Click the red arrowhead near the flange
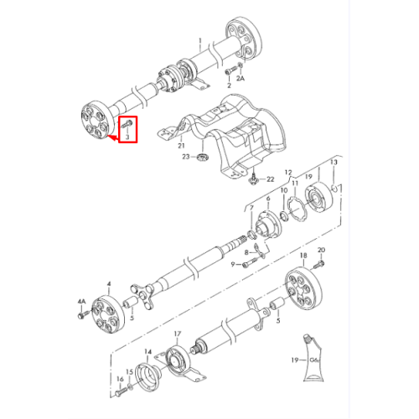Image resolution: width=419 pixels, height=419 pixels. pyautogui.click(x=112, y=137)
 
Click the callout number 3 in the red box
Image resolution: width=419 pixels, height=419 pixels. pyautogui.click(x=127, y=137)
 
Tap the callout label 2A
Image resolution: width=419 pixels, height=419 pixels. pyautogui.click(x=241, y=79)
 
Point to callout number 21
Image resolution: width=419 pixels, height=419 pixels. pyautogui.click(x=181, y=146)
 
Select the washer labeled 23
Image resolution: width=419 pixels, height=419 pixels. pyautogui.click(x=203, y=157)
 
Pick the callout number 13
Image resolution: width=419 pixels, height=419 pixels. pyautogui.click(x=334, y=162)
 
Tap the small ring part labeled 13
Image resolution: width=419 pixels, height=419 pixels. pyautogui.click(x=334, y=189)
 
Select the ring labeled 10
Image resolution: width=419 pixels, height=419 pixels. pyautogui.click(x=283, y=215)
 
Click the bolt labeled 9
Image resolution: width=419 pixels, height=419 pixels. pyautogui.click(x=251, y=262)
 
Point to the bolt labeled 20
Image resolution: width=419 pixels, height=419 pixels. pyautogui.click(x=318, y=264)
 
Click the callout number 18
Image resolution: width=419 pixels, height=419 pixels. pyautogui.click(x=303, y=256)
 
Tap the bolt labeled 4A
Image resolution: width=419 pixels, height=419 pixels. pyautogui.click(x=84, y=314)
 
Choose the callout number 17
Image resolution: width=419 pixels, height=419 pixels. pyautogui.click(x=178, y=334)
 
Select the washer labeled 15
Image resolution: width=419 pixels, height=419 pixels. pyautogui.click(x=131, y=386)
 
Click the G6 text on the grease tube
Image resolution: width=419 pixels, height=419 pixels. pyautogui.click(x=314, y=360)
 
